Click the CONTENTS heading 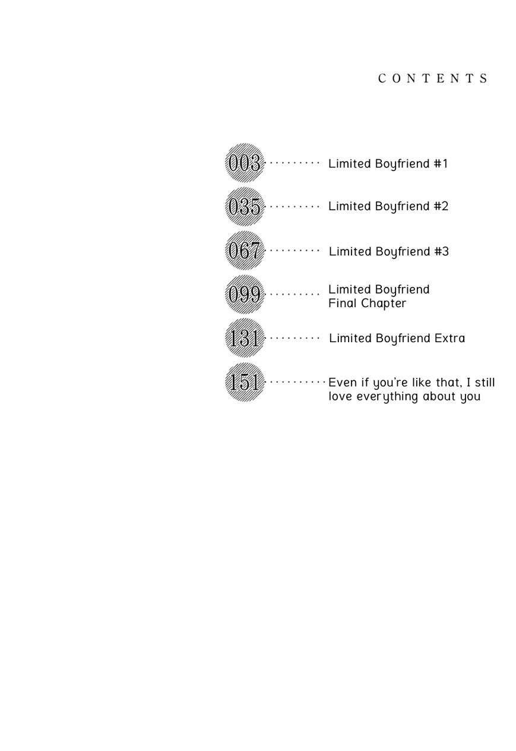tap(433, 78)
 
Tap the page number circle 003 tap(244, 163)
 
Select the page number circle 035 tap(244, 207)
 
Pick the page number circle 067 tap(244, 251)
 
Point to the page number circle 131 tap(244, 338)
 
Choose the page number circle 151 tap(244, 382)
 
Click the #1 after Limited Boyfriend tap(441, 163)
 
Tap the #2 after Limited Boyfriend tap(441, 206)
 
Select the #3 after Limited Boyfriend tap(442, 251)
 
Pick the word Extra tap(449, 338)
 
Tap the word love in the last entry tap(340, 396)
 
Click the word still tap(483, 383)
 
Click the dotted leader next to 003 tap(295, 162)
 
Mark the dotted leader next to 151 tap(297, 381)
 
